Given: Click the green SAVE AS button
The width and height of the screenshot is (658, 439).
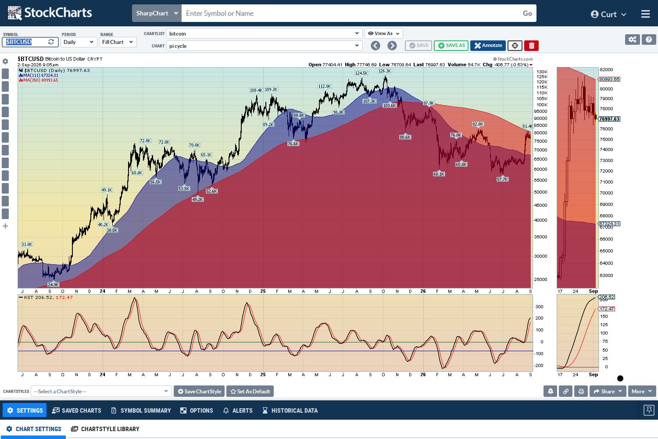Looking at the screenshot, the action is pyautogui.click(x=451, y=46).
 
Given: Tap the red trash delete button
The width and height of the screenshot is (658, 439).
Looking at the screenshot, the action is pyautogui.click(x=531, y=46).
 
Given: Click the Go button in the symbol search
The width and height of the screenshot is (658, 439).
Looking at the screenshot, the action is pyautogui.click(x=527, y=13).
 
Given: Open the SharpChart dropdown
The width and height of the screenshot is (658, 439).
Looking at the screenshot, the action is pyautogui.click(x=157, y=13).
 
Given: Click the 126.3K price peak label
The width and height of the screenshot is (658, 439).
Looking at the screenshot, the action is pyautogui.click(x=385, y=71).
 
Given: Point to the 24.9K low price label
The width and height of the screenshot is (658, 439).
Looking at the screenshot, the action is pyautogui.click(x=53, y=284).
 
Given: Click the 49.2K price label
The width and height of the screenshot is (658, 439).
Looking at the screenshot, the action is pyautogui.click(x=197, y=199).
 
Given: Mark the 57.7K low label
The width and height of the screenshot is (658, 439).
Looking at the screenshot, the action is pyautogui.click(x=502, y=179).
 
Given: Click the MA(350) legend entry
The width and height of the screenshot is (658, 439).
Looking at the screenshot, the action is pyautogui.click(x=39, y=80).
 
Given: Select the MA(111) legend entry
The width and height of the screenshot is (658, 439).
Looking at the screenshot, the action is pyautogui.click(x=39, y=75).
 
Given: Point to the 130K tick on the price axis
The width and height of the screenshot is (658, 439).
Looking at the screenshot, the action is pyautogui.click(x=542, y=72).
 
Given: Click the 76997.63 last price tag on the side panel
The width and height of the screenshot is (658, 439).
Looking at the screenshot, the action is pyautogui.click(x=610, y=119).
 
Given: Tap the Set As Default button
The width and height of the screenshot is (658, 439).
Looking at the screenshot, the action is pyautogui.click(x=250, y=391).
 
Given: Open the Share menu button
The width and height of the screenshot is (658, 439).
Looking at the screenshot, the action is pyautogui.click(x=608, y=391).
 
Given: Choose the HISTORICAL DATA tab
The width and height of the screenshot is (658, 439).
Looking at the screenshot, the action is pyautogui.click(x=290, y=410).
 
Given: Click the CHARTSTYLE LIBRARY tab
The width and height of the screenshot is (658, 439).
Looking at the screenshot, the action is pyautogui.click(x=105, y=429).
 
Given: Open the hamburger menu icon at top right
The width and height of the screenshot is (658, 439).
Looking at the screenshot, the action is pyautogui.click(x=645, y=14).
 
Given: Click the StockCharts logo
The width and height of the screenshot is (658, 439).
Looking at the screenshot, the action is pyautogui.click(x=50, y=13).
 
